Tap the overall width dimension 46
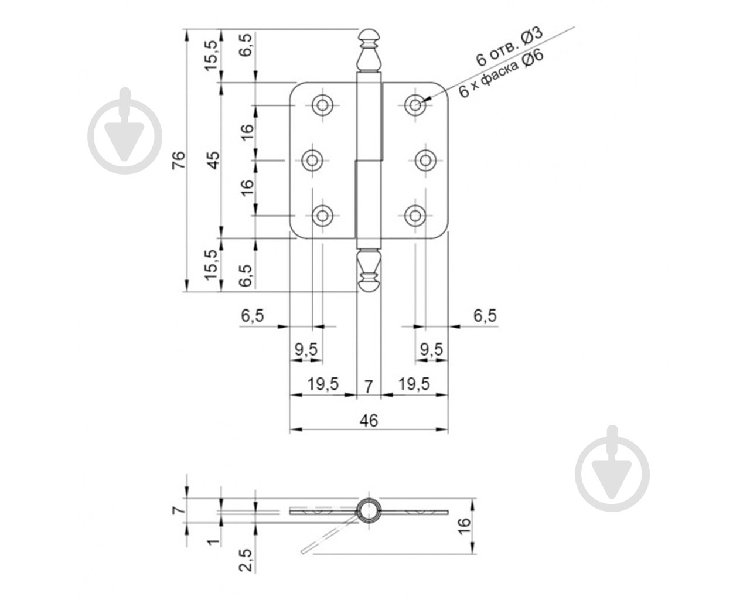[369, 420]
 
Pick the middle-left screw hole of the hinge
[312, 159]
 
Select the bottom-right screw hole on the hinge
[415, 215]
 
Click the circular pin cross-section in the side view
[369, 510]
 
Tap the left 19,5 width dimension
[323, 384]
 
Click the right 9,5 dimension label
[431, 350]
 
